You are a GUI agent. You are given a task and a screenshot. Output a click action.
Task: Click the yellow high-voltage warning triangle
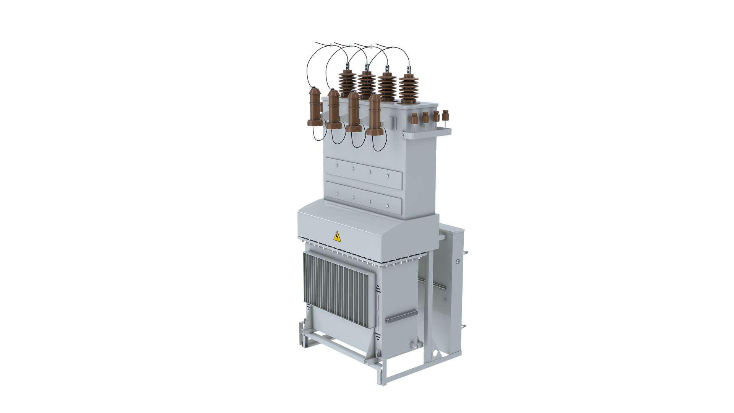337,236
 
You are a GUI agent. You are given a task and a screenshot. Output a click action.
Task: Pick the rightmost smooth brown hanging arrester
375,115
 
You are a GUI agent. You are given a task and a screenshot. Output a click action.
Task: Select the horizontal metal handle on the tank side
401,316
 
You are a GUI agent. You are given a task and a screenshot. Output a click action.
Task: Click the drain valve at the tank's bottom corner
413,346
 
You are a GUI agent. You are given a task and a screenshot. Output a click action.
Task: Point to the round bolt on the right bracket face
457,261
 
